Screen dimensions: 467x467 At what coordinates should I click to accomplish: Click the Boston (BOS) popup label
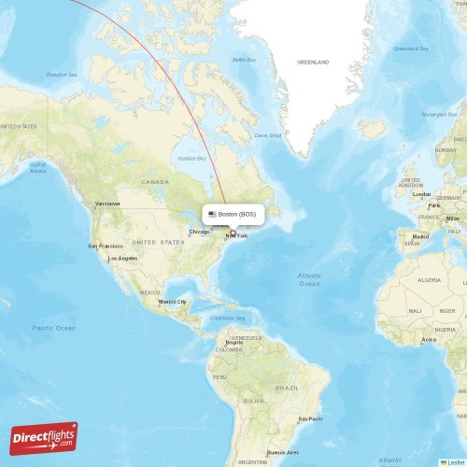(x=237, y=214)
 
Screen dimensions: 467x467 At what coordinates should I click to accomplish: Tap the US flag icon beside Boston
(x=213, y=214)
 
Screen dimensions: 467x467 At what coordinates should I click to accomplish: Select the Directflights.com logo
(x=44, y=437)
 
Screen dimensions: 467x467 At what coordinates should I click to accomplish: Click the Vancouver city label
(x=107, y=203)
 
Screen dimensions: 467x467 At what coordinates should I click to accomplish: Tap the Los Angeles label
(x=123, y=258)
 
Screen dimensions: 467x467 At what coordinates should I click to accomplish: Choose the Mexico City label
(x=173, y=302)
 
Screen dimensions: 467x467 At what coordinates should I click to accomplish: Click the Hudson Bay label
(x=191, y=158)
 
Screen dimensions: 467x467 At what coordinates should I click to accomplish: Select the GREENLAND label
(x=313, y=62)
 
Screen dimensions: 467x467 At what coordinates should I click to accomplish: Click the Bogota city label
(x=233, y=342)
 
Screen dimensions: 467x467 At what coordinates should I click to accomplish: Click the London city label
(x=422, y=194)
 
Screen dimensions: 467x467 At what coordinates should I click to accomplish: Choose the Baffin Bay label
(x=245, y=61)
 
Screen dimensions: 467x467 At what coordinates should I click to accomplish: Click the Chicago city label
(x=199, y=232)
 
